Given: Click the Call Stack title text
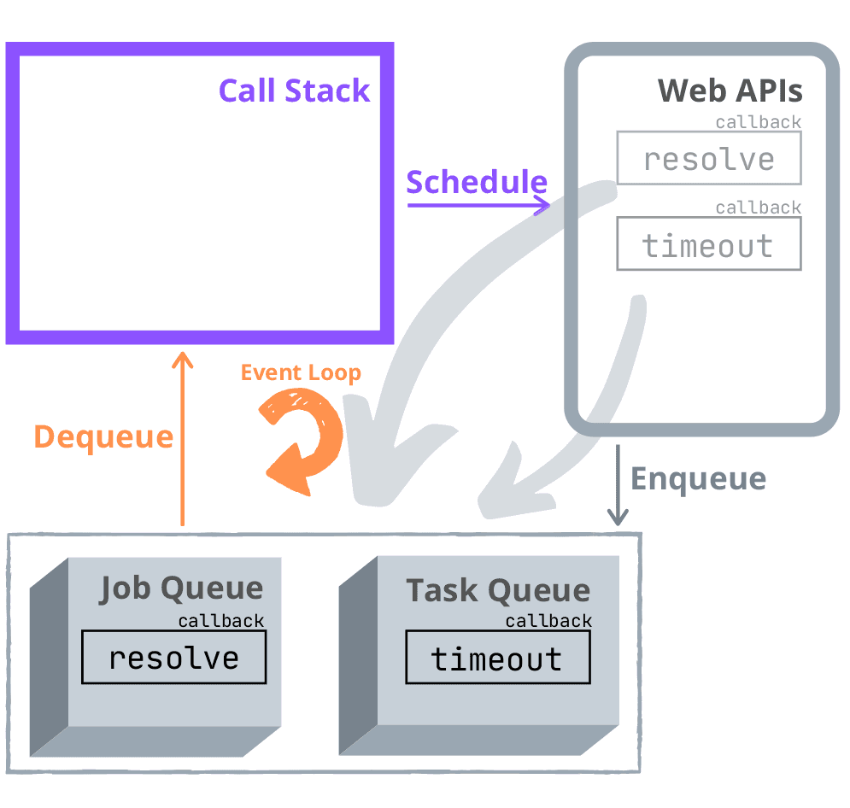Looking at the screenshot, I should pos(294,91).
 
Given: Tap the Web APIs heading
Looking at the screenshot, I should pos(730,91).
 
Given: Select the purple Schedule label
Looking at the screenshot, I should pos(476,182).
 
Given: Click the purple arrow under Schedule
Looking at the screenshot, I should pos(478,205).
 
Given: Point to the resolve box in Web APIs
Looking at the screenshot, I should pos(708,159).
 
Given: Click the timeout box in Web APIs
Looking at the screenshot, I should pos(708,245).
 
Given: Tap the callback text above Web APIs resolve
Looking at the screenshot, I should pos(758,122).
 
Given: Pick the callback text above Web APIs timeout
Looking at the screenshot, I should pos(758,208).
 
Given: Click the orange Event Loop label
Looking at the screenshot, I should pos(301,373).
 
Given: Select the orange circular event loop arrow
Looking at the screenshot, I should pos(302,440).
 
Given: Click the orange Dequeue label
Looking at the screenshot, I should pos(103,437).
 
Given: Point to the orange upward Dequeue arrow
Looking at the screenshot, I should pos(182,436).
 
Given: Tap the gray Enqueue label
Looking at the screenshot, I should pos(698,479).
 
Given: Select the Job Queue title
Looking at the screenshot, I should pos(181,588).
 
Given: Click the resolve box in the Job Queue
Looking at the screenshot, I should pos(173,658).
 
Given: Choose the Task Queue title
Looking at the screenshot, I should pos(497,590).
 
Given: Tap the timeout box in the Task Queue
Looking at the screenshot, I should pos(497,659).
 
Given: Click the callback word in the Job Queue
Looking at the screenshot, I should pos(221,621).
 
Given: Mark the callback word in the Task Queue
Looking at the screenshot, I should pos(548,621).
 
